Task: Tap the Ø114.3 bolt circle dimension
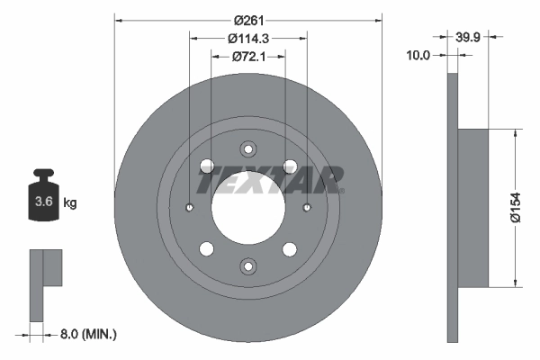coord(248,38)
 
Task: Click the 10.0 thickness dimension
coord(419,56)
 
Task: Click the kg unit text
coord(70,203)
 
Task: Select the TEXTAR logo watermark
coord(270,180)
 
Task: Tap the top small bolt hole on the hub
coord(248,149)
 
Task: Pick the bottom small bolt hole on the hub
coord(248,265)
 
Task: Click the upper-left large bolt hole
coord(206,166)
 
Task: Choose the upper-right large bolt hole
coord(290,166)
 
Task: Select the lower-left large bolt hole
coord(206,249)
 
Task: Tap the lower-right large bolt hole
coord(290,249)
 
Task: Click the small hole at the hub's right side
coord(307,208)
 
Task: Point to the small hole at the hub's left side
coord(190,208)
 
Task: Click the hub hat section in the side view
coord(474,207)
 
